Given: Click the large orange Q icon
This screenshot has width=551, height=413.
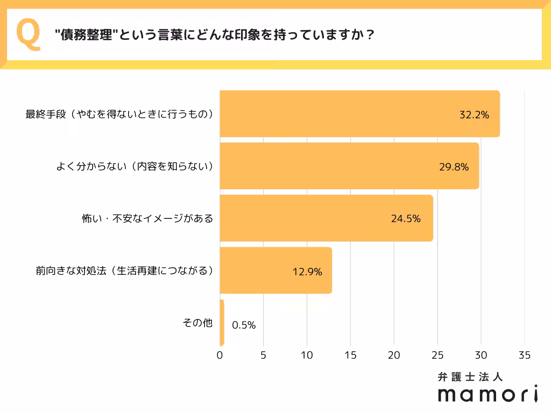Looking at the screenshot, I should pos(29,35).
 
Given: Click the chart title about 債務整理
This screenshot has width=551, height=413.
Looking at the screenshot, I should pos(215,35).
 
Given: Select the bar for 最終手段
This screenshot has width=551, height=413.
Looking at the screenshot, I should pos(359,114).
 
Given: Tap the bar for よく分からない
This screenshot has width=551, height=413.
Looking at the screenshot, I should pos(349,166).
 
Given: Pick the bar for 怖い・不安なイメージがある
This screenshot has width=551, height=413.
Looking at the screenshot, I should pos(326,218).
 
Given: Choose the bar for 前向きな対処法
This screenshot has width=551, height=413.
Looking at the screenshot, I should pos(275,270).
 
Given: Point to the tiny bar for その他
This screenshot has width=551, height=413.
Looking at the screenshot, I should pos(222,323).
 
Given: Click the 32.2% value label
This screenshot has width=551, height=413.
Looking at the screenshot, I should pos(474,115).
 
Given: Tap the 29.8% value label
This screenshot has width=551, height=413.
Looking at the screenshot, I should pos(454,167).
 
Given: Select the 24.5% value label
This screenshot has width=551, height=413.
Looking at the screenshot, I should pos(405,219).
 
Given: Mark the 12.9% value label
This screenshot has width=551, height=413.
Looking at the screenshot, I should pos(307,272).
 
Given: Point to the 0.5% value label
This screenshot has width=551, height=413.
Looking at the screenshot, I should pos(244,325).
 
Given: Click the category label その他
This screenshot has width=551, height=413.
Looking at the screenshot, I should pos(197,323).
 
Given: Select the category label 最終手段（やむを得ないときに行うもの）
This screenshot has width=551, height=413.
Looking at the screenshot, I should pos(119,115).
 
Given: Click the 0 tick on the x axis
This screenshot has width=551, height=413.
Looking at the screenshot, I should pos(220,355).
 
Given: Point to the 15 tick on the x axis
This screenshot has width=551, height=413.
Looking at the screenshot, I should pos(350,355).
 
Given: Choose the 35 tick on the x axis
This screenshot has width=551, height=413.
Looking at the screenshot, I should pos(525,355).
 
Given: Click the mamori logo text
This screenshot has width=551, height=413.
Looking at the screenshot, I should pos(488,394).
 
